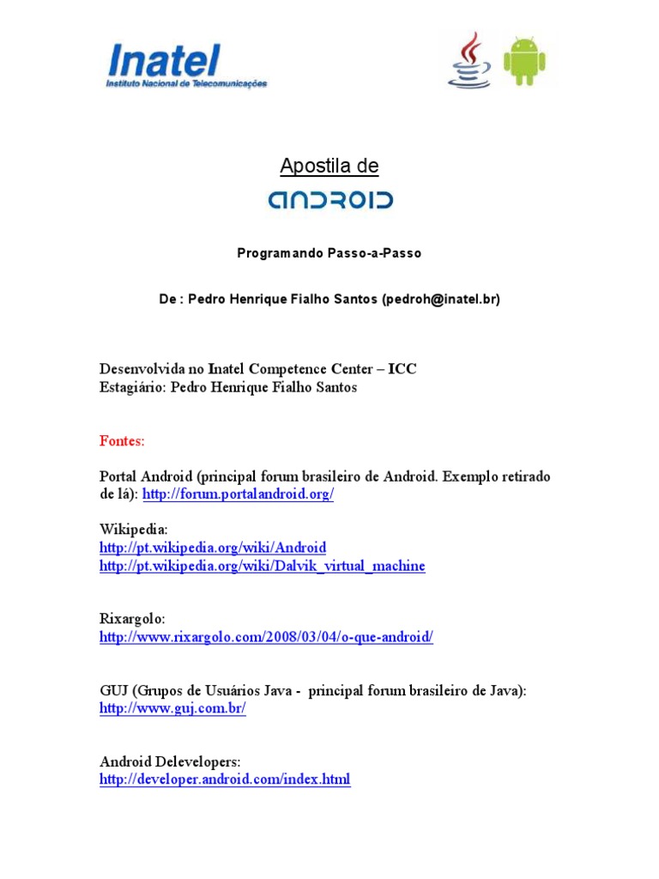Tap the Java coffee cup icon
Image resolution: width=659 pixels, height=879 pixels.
(x=469, y=59)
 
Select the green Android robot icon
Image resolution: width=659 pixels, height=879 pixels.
(x=524, y=61)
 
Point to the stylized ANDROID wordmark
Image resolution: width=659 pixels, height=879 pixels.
(x=329, y=200)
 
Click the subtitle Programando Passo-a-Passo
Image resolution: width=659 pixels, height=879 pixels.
(x=329, y=253)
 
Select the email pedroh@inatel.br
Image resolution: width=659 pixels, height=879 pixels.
(x=440, y=299)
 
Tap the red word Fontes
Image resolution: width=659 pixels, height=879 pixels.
(x=123, y=440)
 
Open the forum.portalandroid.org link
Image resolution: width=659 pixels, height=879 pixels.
(x=238, y=495)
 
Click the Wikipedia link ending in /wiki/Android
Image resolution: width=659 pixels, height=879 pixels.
(x=213, y=548)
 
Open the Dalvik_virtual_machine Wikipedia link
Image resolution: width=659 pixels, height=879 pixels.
(x=262, y=567)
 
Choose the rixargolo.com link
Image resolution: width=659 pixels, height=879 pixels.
(x=266, y=637)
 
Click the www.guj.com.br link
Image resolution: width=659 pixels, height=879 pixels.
(x=172, y=709)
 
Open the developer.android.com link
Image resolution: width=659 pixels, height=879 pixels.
(x=225, y=779)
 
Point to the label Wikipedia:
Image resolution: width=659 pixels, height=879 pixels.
(x=134, y=530)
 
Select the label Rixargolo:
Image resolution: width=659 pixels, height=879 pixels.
(x=132, y=619)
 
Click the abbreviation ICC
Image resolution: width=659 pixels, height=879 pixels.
(x=402, y=369)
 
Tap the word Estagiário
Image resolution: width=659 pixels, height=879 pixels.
(x=132, y=387)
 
